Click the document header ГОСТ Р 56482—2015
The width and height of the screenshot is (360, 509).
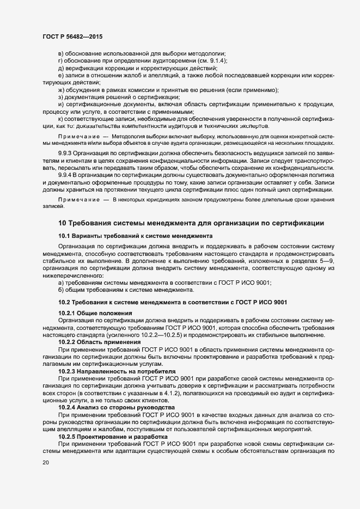click(x=72, y=35)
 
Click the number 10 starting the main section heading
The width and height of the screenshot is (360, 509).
click(x=62, y=223)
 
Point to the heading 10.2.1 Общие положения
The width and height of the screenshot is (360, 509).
click(x=95, y=313)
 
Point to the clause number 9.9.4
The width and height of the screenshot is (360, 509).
click(x=67, y=175)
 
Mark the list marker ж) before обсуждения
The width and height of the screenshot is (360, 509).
click(x=62, y=90)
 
